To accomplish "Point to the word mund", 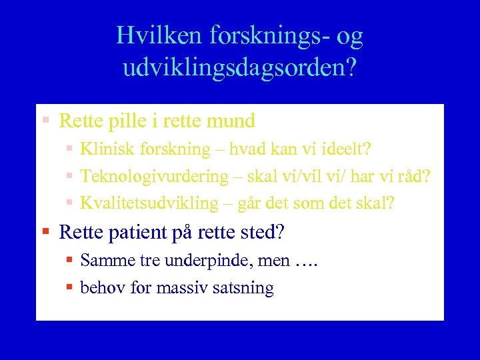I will coord(231,121).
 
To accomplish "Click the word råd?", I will coord(415,177).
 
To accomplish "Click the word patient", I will coord(133,232).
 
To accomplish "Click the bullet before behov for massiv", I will coord(69,288).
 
